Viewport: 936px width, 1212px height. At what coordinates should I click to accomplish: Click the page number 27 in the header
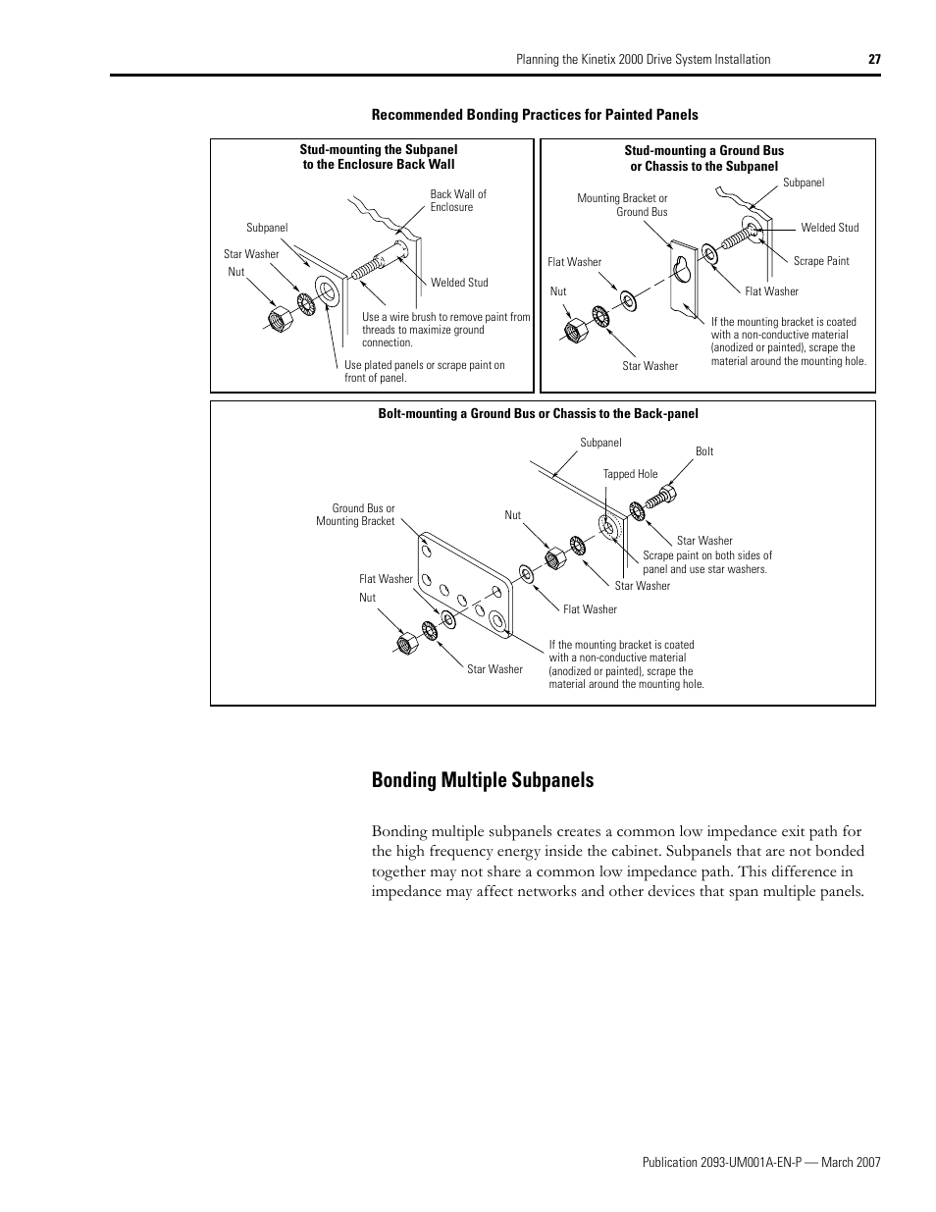[874, 59]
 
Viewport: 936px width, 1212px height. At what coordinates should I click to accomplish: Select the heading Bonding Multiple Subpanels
[482, 780]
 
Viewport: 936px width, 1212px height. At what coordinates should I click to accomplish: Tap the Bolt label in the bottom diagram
[704, 451]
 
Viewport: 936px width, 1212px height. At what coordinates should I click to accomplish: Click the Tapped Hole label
[630, 474]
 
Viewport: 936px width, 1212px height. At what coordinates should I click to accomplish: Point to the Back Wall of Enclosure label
[457, 200]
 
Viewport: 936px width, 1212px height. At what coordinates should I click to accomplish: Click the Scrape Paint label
[820, 261]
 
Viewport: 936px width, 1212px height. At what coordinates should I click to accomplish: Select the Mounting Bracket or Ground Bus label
[622, 205]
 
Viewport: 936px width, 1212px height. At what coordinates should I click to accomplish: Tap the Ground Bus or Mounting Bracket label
[355, 514]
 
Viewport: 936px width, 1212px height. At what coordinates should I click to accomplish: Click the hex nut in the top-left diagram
[277, 319]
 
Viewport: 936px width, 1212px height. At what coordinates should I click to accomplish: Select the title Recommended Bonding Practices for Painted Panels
[535, 115]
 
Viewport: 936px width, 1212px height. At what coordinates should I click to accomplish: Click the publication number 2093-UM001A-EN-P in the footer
[721, 1162]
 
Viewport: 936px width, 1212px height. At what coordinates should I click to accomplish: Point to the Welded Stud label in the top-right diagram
[829, 228]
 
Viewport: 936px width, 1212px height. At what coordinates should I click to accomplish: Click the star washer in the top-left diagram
[305, 303]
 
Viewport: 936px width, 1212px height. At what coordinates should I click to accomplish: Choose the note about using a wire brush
[446, 330]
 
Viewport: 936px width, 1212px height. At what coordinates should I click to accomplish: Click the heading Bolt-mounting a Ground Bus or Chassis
[538, 413]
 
